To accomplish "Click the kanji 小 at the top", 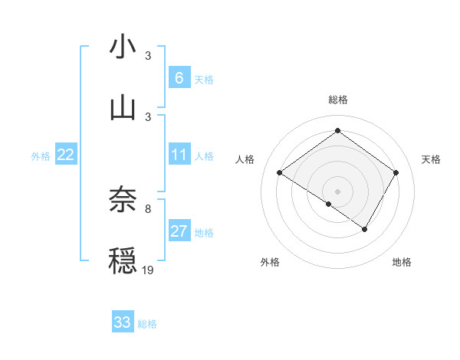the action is coord(123,47).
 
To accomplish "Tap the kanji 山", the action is coord(123,106).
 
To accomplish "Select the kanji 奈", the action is coord(123,200).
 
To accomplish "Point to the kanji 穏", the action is coord(123,260).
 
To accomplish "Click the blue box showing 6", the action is coord(179,78).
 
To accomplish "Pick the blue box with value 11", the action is coord(179,155).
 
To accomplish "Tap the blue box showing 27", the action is coord(179,231).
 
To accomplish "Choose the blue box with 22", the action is coord(66,155).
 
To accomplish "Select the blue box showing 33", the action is coord(123,322).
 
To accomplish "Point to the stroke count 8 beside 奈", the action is coord(147,208).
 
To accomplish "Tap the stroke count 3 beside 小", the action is coord(147,55).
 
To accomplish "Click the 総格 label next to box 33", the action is coord(147,324).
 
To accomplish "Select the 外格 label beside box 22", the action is coord(41,156).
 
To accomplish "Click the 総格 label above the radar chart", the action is coord(337,100).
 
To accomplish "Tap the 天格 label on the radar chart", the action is coord(431,159).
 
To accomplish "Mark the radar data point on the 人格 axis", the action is coord(280,173).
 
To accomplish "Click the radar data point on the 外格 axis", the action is coord(329,204).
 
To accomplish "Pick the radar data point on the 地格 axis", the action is coord(365,229).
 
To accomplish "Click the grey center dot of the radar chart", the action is coord(337,191).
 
